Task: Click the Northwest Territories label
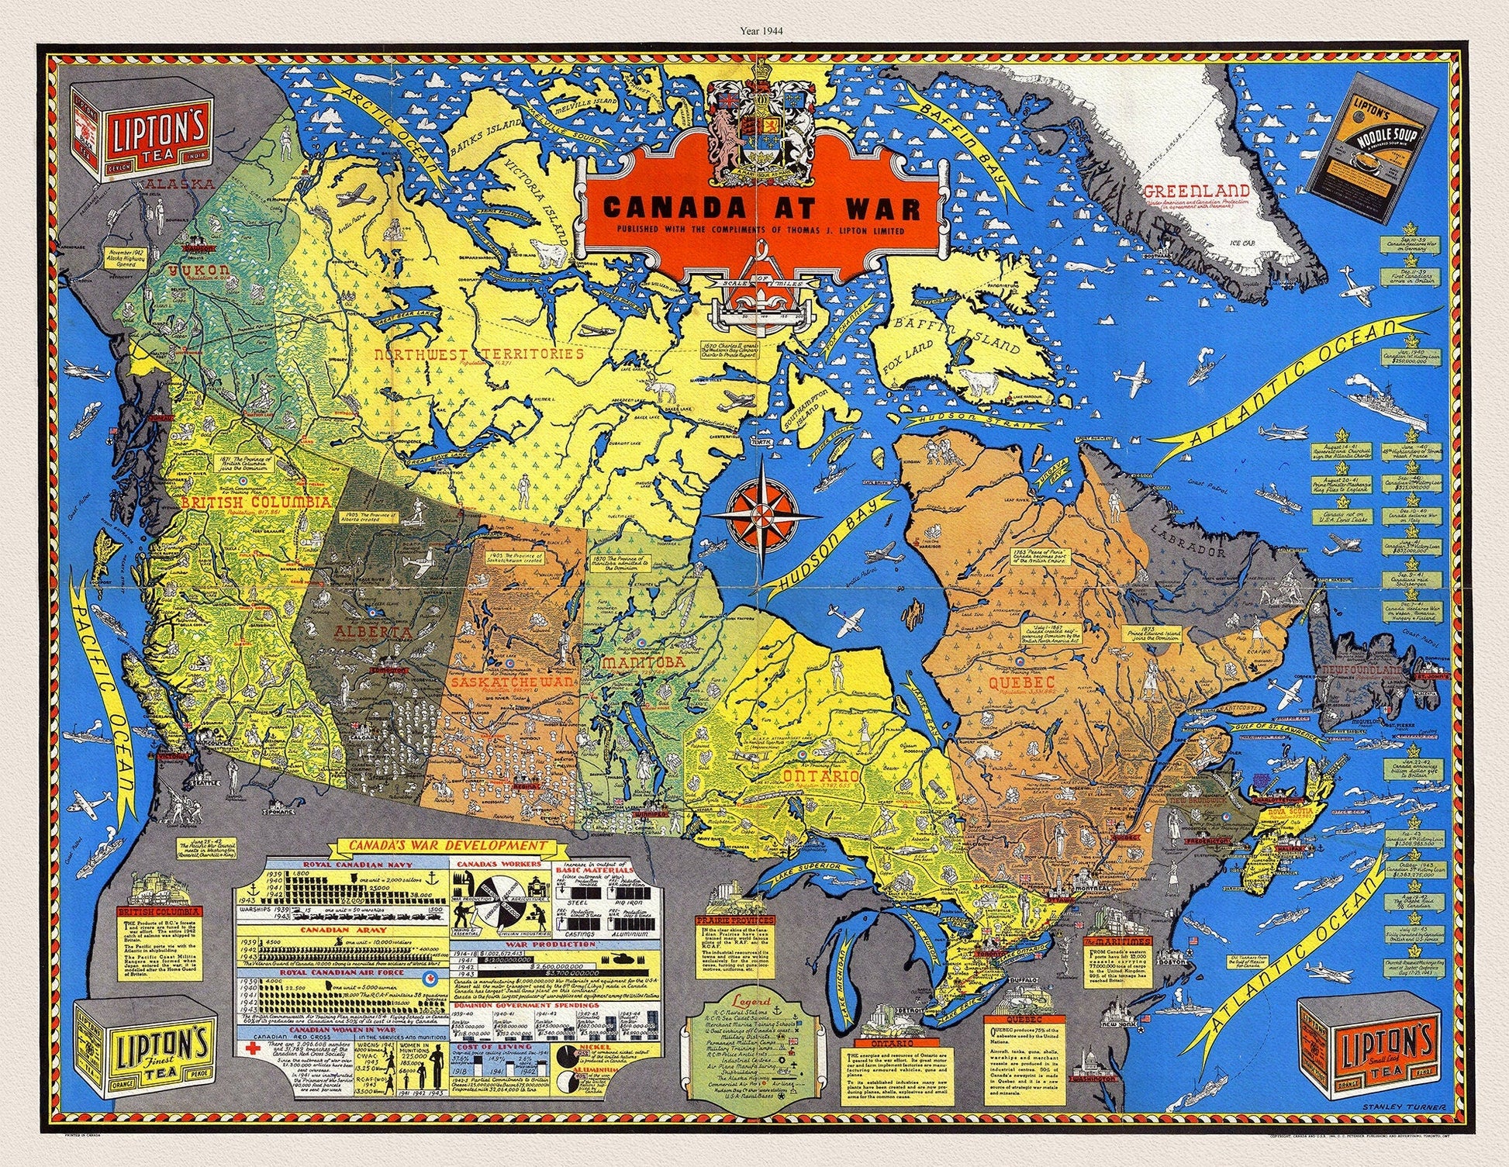(478, 355)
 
